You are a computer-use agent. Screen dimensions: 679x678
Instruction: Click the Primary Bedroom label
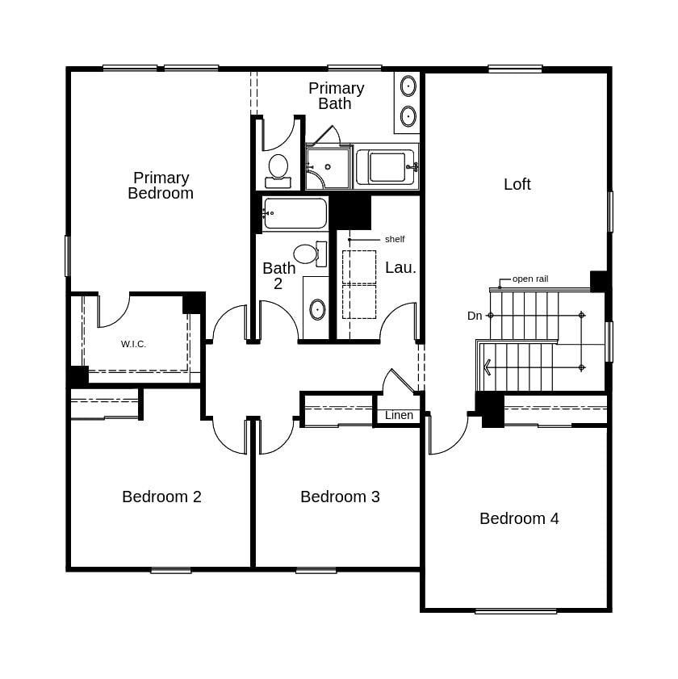161,186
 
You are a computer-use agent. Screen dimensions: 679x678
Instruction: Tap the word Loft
517,184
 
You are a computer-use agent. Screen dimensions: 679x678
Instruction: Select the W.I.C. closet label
133,344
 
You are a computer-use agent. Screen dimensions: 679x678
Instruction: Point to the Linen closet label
399,415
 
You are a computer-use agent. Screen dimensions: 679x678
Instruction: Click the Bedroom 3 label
340,497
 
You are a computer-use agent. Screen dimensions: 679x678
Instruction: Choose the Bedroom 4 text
519,518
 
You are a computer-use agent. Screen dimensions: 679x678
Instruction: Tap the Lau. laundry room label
400,267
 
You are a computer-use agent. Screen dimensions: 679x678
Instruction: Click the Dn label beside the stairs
475,316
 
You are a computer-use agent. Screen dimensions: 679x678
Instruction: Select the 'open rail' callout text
529,279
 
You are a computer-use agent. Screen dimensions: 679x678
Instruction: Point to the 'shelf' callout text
395,239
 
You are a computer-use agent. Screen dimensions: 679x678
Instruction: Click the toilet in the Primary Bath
278,170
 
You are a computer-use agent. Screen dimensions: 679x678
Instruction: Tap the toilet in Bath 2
308,254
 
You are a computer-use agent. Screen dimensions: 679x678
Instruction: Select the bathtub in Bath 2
295,213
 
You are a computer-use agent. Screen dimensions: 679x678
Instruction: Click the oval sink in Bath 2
317,309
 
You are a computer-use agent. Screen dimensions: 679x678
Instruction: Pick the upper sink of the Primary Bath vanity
408,86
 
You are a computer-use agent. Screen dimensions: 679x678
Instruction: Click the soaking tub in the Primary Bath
387,167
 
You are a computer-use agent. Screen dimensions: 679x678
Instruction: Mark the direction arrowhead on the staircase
488,367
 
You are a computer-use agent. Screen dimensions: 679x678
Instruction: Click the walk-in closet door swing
113,311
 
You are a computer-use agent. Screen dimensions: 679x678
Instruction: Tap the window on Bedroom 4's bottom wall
515,611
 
